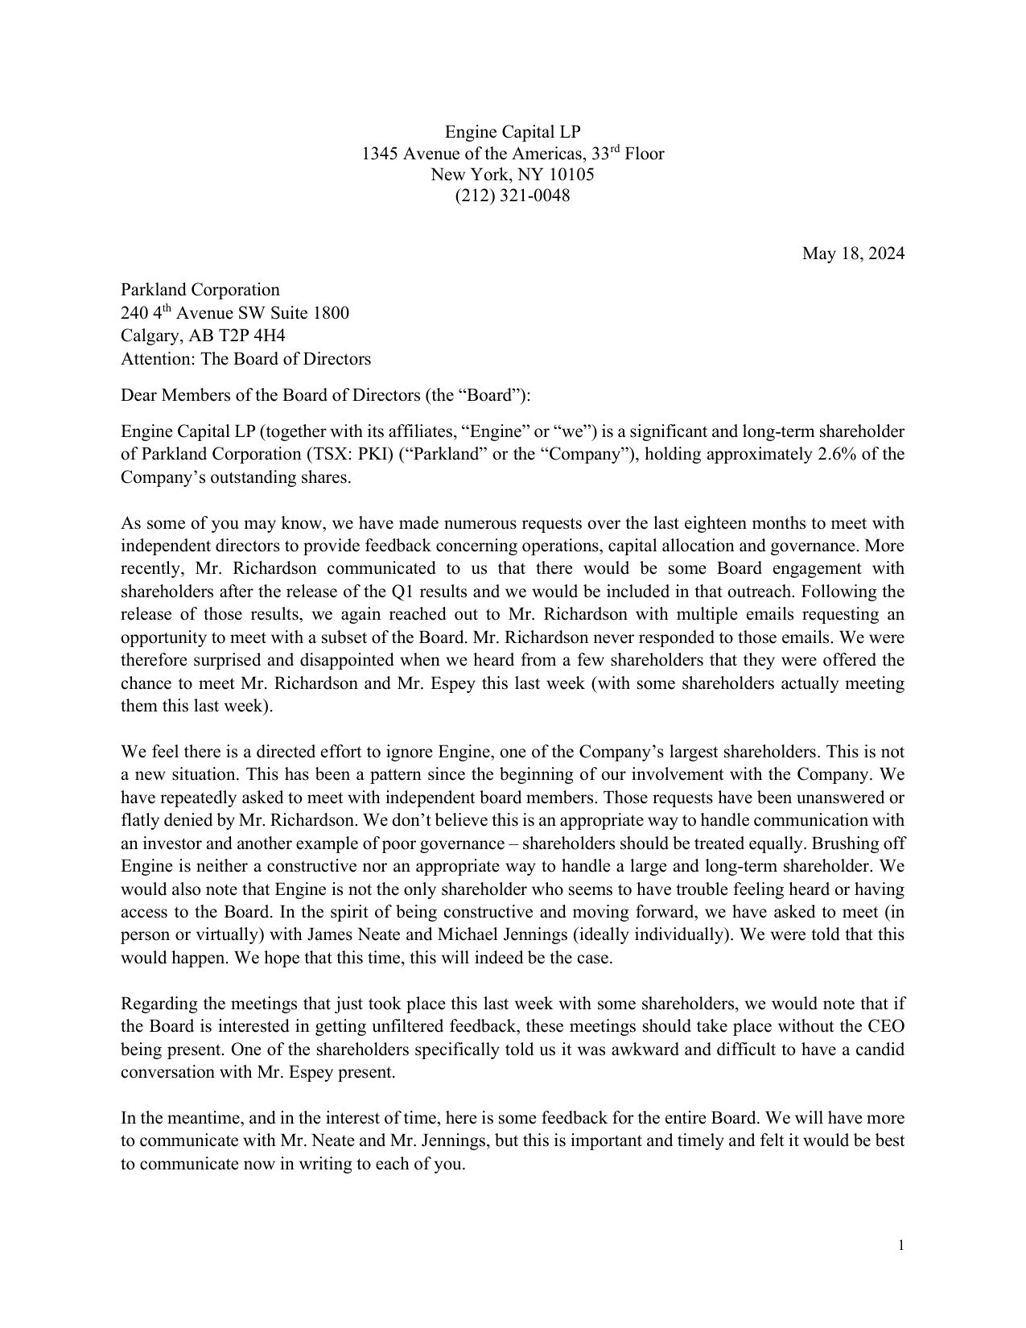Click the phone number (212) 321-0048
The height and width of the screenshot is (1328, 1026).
click(513, 196)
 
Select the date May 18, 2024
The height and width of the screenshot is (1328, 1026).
click(853, 254)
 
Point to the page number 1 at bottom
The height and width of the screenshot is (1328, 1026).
click(901, 1246)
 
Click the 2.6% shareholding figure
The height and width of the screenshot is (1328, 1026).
click(838, 454)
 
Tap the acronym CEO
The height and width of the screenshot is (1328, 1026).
click(888, 1027)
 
